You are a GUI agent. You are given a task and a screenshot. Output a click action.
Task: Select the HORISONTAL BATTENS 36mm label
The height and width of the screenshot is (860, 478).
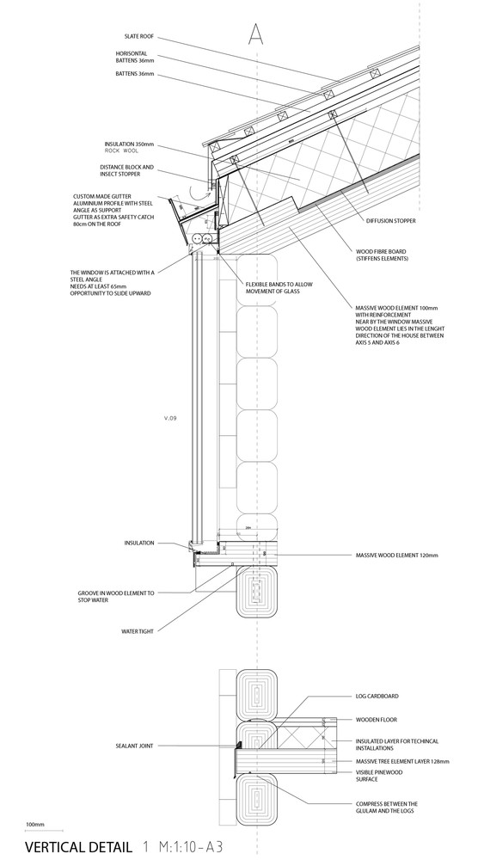pyautogui.click(x=135, y=57)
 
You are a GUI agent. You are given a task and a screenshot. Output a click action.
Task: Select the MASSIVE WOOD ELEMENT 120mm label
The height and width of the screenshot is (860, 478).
pyautogui.click(x=395, y=556)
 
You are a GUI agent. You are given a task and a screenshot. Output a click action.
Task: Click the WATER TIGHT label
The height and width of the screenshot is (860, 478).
pyautogui.click(x=138, y=630)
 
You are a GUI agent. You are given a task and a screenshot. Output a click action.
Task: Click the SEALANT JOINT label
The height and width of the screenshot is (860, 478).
pyautogui.click(x=134, y=746)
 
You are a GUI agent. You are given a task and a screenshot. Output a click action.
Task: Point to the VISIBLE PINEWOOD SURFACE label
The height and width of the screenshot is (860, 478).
pyautogui.click(x=378, y=776)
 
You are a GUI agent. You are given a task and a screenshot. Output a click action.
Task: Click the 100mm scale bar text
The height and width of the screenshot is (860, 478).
pyautogui.click(x=34, y=825)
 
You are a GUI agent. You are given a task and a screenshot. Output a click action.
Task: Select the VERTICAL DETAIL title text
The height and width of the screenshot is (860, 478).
pyautogui.click(x=79, y=847)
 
